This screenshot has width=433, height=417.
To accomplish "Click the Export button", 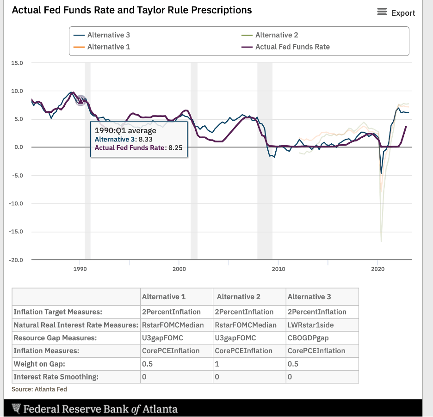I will [x=396, y=13].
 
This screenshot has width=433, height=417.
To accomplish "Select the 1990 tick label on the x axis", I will [x=80, y=269].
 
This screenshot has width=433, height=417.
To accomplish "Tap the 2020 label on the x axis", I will [x=378, y=269].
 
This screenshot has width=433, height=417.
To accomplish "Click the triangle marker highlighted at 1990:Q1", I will [x=81, y=100].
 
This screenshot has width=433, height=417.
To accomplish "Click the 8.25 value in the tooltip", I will [x=176, y=148].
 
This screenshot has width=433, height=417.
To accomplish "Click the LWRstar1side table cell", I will [x=310, y=325].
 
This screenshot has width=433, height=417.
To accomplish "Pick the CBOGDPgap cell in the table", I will [x=308, y=338].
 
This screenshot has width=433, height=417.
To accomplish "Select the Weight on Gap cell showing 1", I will [x=217, y=364].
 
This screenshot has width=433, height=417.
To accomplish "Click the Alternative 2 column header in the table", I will [x=238, y=297].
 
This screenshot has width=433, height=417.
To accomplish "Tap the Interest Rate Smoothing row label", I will [x=56, y=377].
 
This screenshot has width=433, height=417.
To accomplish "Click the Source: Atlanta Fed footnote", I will [x=39, y=389].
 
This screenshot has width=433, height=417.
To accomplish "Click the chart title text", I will [x=131, y=10].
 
